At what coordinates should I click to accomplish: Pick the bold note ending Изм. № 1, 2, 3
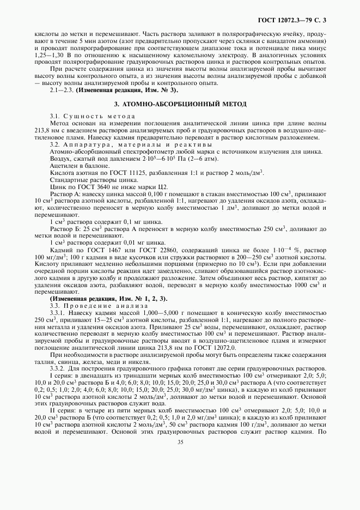point(108,298)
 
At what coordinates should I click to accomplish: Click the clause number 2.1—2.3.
point(62,89)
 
